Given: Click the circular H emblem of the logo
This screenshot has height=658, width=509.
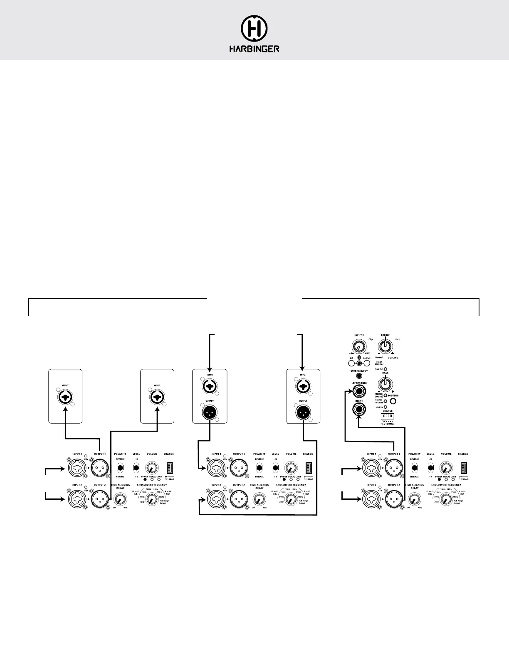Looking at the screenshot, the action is [254, 29].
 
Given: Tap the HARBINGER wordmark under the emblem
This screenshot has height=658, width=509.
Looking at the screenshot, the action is [254, 49].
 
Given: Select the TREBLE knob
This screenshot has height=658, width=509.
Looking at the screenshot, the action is [385, 345].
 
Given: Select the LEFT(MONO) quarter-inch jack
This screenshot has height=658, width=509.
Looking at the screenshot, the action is [358, 391].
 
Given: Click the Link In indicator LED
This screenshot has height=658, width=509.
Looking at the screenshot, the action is [385, 407].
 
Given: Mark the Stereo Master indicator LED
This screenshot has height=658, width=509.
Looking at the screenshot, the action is [385, 401].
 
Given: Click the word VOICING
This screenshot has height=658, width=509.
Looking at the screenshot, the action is [393, 358].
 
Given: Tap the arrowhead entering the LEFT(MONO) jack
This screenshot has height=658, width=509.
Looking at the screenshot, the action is [349, 391].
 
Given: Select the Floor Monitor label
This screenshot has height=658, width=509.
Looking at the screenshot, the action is [379, 363].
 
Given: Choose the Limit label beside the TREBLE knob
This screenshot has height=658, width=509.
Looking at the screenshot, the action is [397, 339].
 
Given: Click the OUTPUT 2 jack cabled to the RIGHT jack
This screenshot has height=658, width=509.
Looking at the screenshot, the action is [392, 497].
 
